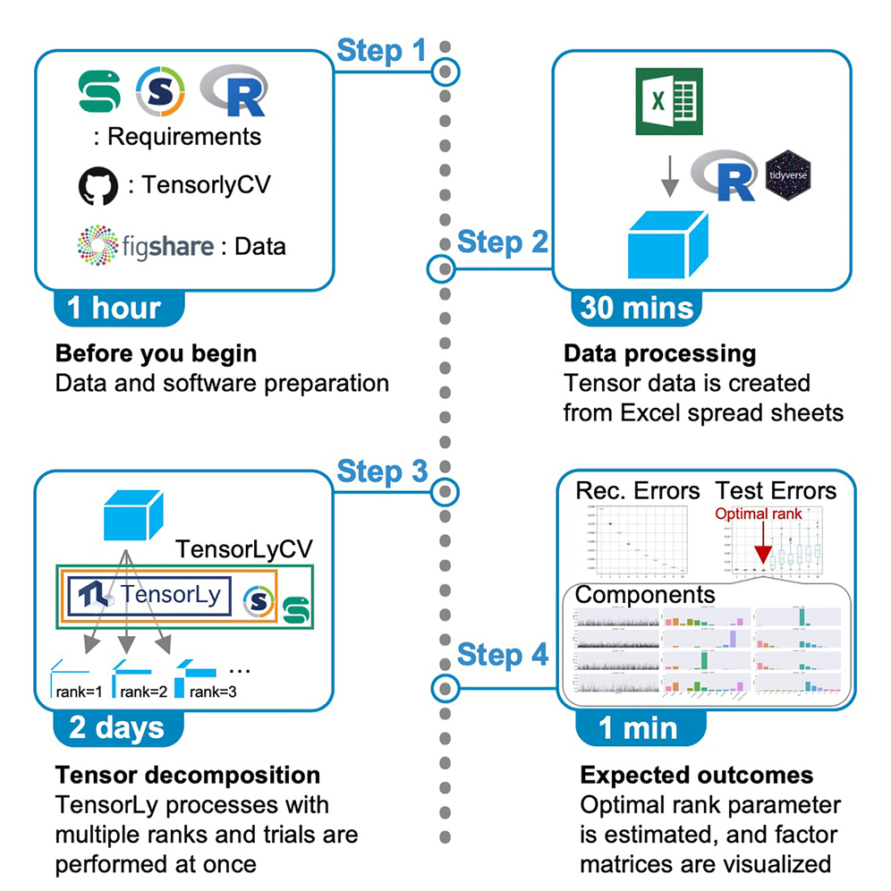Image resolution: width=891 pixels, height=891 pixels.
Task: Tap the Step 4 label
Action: pos(503,656)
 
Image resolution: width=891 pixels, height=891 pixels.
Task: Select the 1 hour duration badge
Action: pos(114,308)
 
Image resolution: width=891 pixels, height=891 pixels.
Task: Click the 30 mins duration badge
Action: pos(636,308)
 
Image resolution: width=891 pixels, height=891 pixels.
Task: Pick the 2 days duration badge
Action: pos(114,727)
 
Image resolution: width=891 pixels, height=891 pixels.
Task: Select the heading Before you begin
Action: pos(156,353)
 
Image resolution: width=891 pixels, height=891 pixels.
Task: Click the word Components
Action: pos(644,594)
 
